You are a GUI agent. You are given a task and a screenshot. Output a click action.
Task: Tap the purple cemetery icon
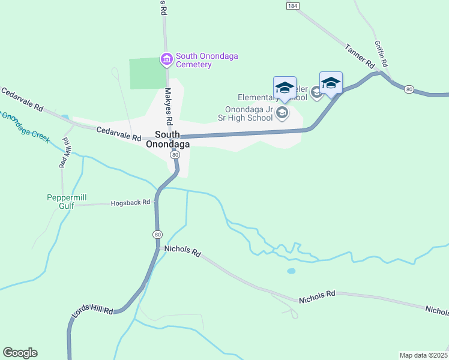pyautogui.click(x=166, y=59)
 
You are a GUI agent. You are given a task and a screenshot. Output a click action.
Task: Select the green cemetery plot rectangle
pyautogui.click(x=148, y=73)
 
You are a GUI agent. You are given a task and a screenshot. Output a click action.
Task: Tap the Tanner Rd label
pyautogui.click(x=360, y=55)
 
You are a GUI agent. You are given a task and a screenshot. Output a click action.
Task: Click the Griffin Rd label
pyautogui.click(x=381, y=53)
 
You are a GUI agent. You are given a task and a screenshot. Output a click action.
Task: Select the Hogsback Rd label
pyautogui.click(x=130, y=203)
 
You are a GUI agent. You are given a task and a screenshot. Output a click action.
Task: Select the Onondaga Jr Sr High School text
pyautogui.click(x=249, y=114)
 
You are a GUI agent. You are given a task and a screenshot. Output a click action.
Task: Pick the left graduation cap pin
pyautogui.click(x=284, y=88)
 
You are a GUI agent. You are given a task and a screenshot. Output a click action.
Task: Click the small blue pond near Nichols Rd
pyautogui.click(x=291, y=271)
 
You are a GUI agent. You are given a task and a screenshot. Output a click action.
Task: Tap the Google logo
pyautogui.click(x=20, y=353)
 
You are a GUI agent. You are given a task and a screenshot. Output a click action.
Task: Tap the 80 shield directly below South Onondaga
pyautogui.click(x=174, y=155)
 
